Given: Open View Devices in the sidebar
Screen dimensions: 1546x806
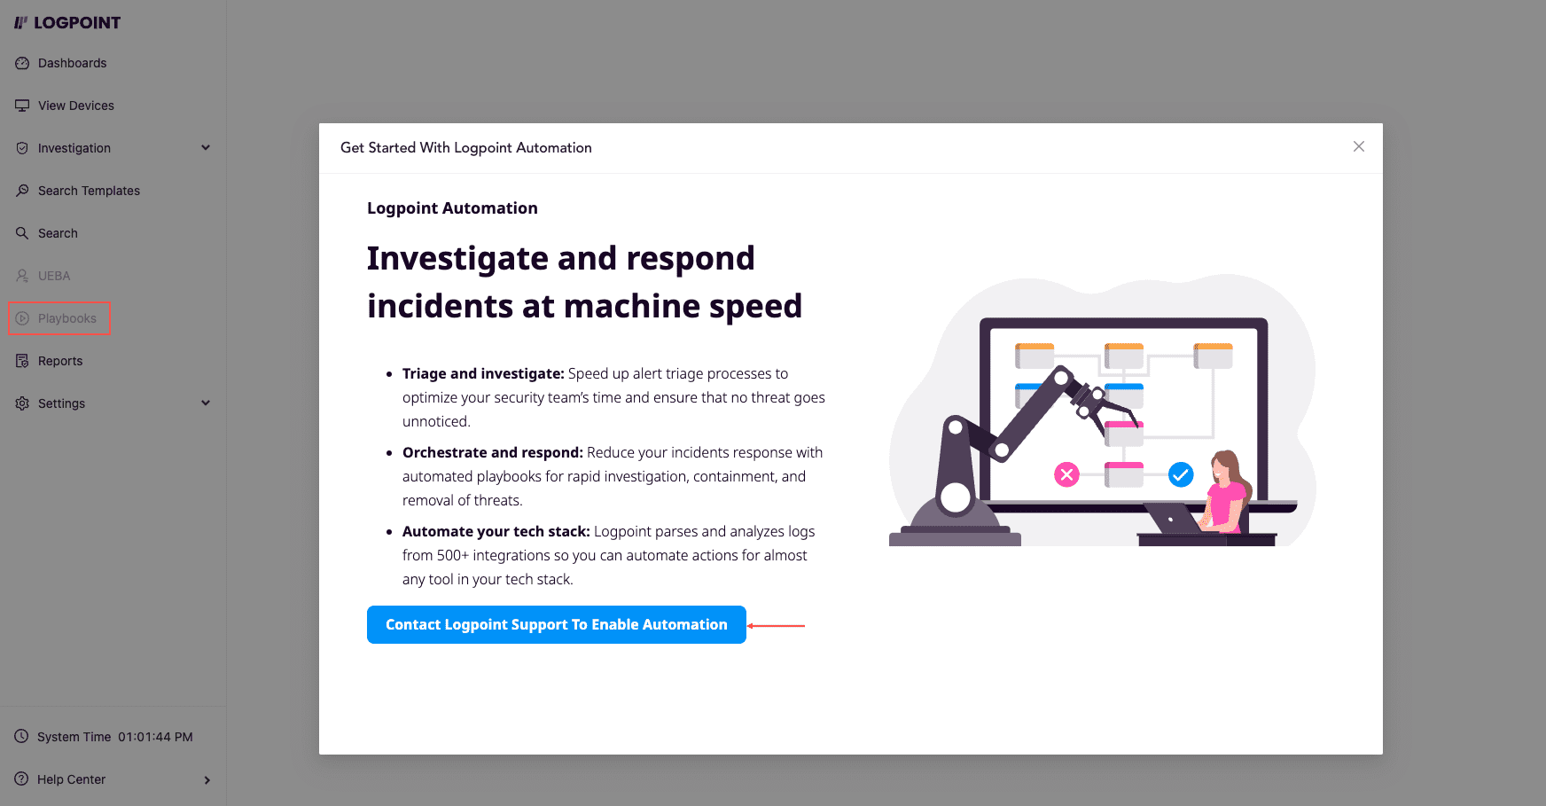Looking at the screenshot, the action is click(x=64, y=106).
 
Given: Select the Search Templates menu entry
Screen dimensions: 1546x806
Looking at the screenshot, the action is click(x=77, y=191).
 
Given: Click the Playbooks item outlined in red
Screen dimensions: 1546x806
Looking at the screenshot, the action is click(x=59, y=318).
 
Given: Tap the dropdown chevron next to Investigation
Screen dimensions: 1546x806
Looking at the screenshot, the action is click(x=206, y=148).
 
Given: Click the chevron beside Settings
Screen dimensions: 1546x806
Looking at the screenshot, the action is click(x=206, y=403).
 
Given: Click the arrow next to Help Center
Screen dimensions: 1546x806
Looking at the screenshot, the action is click(x=207, y=780).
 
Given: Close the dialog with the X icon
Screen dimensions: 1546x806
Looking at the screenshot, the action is click(x=1359, y=146).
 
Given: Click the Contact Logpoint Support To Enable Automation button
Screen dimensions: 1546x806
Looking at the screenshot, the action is click(x=557, y=625).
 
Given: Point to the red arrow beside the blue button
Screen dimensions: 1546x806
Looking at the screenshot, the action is click(x=776, y=626).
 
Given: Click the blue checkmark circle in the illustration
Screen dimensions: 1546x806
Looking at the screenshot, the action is click(x=1181, y=475).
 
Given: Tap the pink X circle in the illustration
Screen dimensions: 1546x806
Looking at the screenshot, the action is click(x=1066, y=475).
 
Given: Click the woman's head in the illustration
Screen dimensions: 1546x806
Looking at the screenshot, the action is click(x=1225, y=465).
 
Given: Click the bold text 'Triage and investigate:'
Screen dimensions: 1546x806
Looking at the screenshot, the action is click(x=483, y=374).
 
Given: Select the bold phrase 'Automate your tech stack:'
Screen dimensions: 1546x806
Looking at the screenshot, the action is click(x=496, y=532).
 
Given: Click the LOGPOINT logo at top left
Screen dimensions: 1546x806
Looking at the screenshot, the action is click(x=67, y=23).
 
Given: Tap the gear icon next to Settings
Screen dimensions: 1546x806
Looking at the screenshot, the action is click(x=22, y=403).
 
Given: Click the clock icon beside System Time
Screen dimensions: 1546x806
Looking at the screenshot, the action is click(x=21, y=736).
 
